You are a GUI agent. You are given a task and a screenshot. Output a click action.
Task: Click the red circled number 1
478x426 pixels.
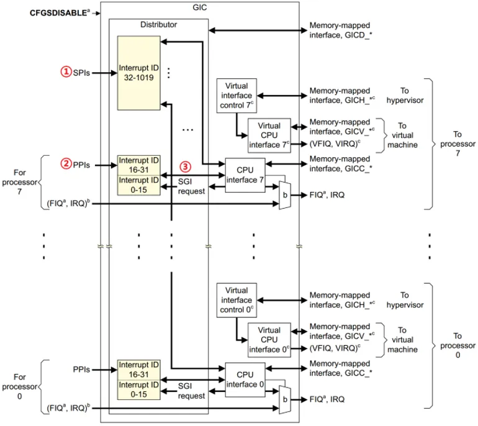[66, 72]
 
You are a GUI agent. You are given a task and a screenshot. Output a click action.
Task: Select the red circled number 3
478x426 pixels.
[185, 166]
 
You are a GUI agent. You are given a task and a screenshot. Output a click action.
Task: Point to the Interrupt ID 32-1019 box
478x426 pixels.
[139, 73]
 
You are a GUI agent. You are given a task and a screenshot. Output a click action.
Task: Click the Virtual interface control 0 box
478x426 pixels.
[237, 301]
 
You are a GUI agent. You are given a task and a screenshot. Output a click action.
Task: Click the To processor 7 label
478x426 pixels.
[458, 143]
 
